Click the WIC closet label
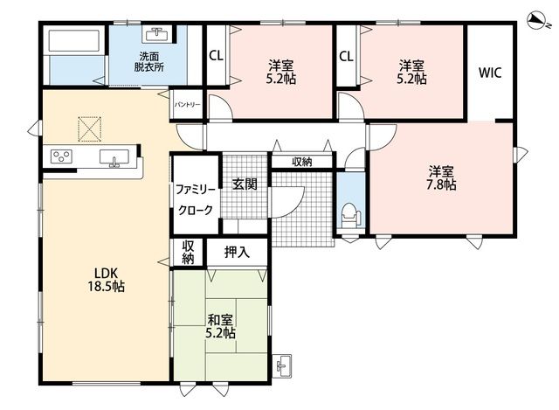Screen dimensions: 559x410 click(490, 73)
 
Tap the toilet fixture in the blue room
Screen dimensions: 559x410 click(351, 216)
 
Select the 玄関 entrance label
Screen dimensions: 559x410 click(245, 184)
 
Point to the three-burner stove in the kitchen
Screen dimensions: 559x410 click(61, 156)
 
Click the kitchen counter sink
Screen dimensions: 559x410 click(114, 158)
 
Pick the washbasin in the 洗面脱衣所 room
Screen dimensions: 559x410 click(157, 35)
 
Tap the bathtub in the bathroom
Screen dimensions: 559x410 click(73, 41)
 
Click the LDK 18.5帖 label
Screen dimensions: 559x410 click(107, 280)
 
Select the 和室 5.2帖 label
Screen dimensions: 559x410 click(220, 326)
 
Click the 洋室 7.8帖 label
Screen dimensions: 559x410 click(441, 177)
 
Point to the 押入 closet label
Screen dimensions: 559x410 click(237, 253)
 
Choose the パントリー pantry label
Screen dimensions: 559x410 click(187, 105)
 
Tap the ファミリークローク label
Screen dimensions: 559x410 click(196, 199)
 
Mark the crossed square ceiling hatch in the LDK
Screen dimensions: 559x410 click(89, 129)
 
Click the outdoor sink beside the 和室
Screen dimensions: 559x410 click(282, 365)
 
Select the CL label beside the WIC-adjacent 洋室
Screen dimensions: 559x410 click(346, 56)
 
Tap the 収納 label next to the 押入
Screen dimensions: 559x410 click(188, 253)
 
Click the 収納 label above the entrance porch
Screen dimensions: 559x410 click(302, 162)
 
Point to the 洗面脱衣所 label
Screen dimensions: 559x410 click(149, 62)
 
